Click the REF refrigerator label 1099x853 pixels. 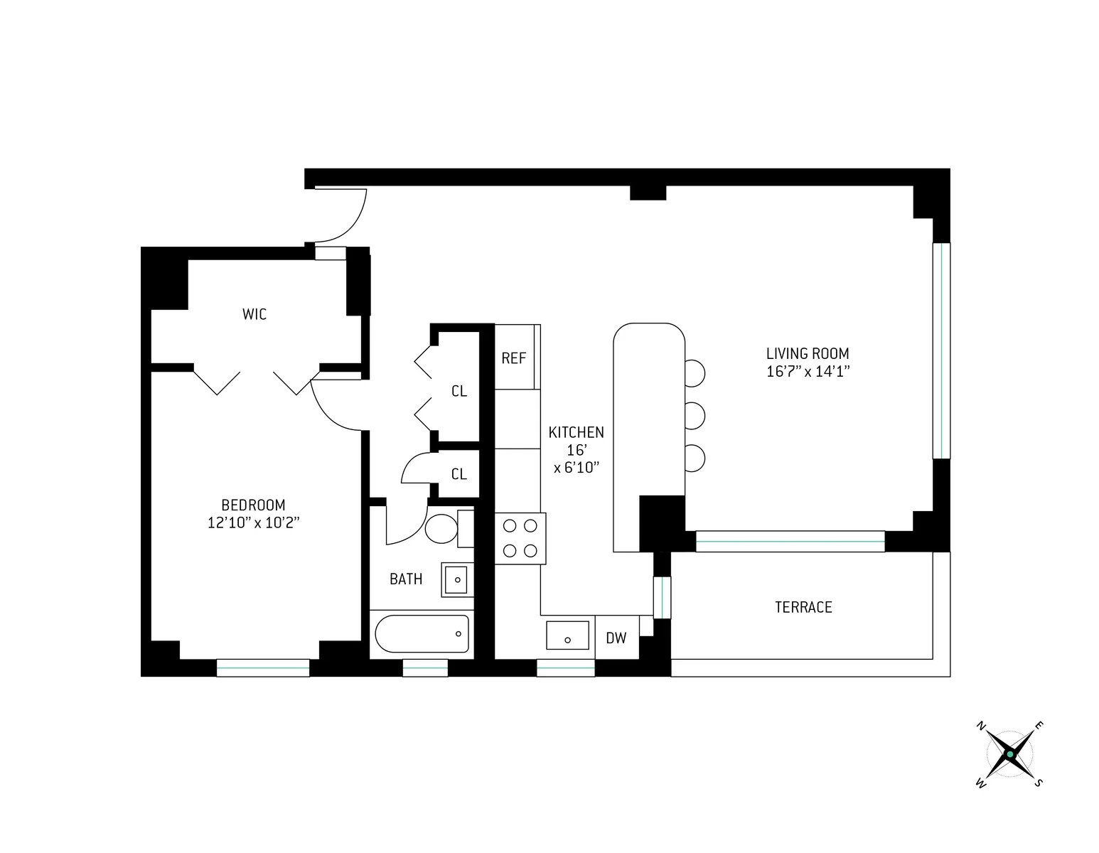(x=513, y=358)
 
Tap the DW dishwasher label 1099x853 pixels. (x=616, y=638)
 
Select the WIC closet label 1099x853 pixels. (x=254, y=314)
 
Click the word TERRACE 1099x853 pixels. (x=803, y=607)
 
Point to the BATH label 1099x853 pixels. (x=406, y=579)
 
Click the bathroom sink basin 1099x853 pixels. (x=456, y=579)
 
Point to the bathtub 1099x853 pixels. (x=422, y=633)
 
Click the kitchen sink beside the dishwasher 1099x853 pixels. (x=567, y=635)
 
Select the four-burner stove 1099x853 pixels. (x=520, y=538)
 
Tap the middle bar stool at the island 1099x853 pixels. (x=694, y=414)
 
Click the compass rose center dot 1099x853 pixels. (x=1009, y=754)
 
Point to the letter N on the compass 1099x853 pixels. (x=981, y=726)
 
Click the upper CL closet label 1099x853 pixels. (x=459, y=391)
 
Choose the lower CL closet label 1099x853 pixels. (x=459, y=474)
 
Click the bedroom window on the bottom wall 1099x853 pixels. (x=263, y=667)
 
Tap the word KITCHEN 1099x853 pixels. (x=576, y=432)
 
